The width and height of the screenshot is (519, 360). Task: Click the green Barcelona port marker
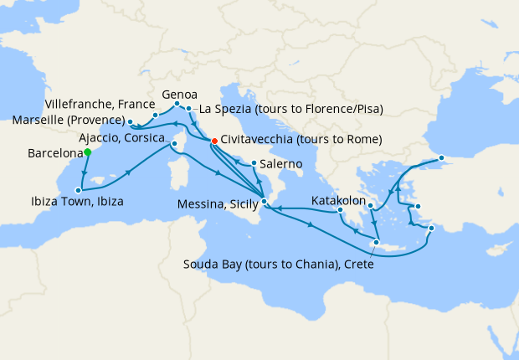[x=87, y=152]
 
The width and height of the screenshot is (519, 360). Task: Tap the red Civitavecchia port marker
[x=214, y=141]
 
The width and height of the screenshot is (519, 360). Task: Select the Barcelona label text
[x=54, y=154]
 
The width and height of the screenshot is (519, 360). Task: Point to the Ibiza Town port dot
[x=77, y=189]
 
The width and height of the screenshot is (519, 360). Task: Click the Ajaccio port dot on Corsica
[x=175, y=144]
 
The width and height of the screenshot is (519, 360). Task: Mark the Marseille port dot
[x=131, y=121]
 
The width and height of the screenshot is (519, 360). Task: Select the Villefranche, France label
[x=91, y=106]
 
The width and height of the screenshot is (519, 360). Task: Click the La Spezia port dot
[x=191, y=109]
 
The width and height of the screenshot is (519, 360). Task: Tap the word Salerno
[x=281, y=164]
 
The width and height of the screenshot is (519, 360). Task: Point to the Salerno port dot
[x=254, y=163]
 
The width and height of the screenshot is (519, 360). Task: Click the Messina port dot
[x=263, y=201]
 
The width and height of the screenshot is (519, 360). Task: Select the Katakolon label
[x=338, y=202]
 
